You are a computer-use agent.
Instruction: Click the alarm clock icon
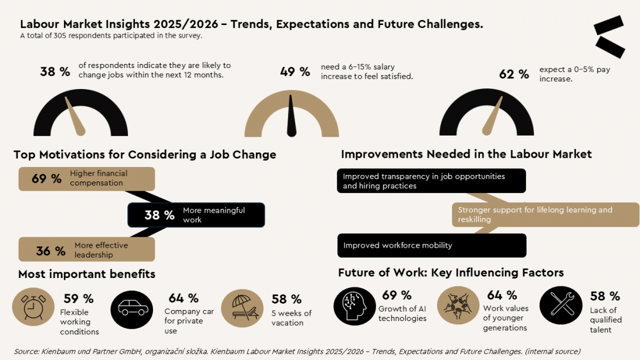[x=33, y=307]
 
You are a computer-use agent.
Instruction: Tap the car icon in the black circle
[x=132, y=309]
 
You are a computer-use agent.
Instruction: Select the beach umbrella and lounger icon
[x=243, y=308]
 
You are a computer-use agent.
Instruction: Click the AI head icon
[x=355, y=306]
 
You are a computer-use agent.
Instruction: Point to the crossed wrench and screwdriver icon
[x=561, y=305]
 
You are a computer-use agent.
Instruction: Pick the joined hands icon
[x=458, y=305]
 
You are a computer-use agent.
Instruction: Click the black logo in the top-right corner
[x=609, y=37]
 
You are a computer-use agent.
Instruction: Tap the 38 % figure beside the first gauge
[x=55, y=72]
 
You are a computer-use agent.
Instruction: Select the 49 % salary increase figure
[x=295, y=72]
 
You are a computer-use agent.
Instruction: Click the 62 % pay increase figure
[x=514, y=74]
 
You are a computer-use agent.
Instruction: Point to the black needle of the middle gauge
[x=291, y=116]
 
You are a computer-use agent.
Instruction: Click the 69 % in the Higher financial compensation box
[x=47, y=179]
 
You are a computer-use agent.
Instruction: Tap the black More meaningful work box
[x=196, y=215]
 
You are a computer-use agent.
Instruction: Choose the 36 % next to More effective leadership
[x=51, y=251]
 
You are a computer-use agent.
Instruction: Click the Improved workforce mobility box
[x=432, y=245]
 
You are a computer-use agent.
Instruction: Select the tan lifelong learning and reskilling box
[x=545, y=215]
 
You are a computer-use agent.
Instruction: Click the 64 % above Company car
[x=184, y=298]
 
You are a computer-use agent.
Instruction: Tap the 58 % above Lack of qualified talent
[x=605, y=296]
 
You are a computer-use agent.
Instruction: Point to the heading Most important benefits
[x=87, y=274]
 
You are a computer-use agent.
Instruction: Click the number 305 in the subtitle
[x=60, y=35]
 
